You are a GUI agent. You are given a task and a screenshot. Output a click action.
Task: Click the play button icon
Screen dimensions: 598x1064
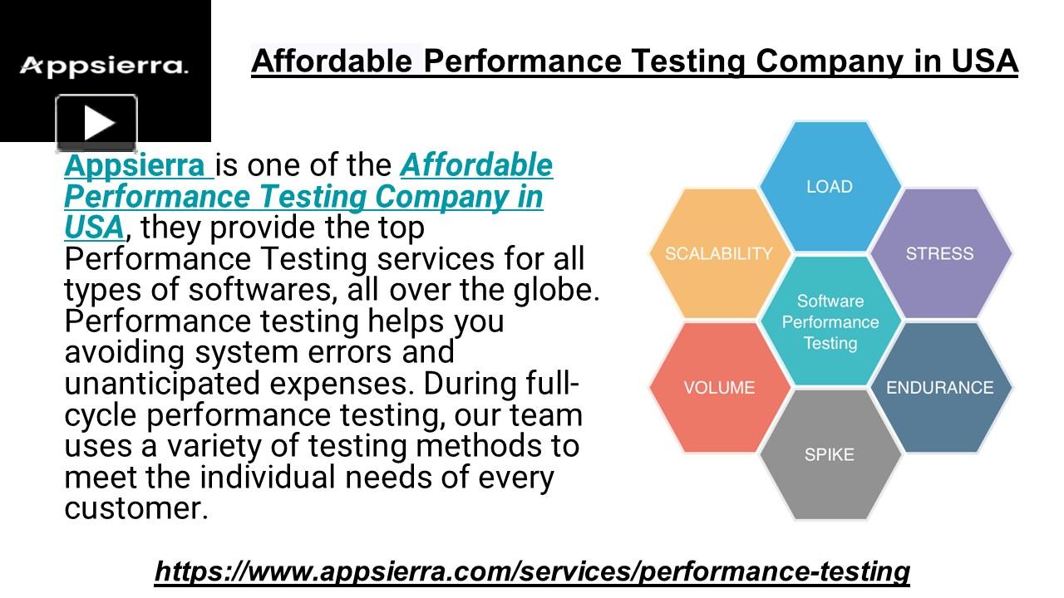click(x=96, y=125)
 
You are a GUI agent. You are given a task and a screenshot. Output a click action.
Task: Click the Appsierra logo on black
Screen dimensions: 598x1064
click(x=104, y=66)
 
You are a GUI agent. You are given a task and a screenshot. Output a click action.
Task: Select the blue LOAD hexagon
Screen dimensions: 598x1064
click(x=830, y=187)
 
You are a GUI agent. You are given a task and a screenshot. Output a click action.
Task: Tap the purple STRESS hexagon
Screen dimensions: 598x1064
click(x=939, y=254)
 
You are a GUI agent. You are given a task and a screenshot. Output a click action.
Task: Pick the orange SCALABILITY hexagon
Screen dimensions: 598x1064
click(x=719, y=254)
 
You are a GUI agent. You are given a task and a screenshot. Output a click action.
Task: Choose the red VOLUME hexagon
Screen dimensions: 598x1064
click(x=719, y=388)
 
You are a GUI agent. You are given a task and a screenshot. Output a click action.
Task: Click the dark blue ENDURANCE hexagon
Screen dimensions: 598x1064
click(x=939, y=388)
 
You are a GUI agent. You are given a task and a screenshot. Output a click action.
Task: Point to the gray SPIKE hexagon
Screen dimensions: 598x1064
click(x=830, y=455)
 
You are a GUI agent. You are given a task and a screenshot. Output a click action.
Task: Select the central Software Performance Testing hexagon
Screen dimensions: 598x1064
click(x=830, y=321)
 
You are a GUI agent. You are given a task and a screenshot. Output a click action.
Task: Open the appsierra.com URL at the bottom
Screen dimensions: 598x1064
click(x=532, y=571)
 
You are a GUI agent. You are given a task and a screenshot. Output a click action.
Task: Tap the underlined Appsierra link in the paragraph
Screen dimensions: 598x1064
click(x=133, y=165)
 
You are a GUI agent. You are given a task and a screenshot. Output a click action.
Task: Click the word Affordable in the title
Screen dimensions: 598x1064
click(x=332, y=61)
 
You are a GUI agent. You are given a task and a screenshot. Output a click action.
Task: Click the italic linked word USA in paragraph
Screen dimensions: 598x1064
click(x=93, y=228)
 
